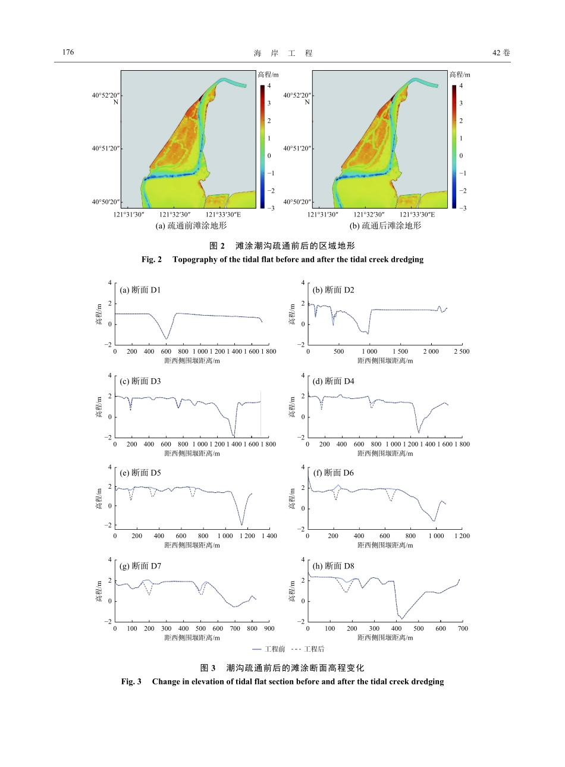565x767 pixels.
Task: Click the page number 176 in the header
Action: (x=68, y=52)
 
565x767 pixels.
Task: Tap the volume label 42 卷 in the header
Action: (x=501, y=53)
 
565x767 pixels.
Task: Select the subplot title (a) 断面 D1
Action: (x=140, y=290)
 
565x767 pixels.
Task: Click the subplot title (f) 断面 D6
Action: (x=333, y=473)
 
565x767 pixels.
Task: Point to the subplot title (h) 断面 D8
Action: (x=333, y=566)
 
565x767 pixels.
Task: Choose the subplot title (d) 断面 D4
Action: (x=333, y=382)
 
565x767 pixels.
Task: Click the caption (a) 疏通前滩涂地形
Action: (x=191, y=226)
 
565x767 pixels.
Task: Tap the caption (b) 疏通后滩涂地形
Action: (x=385, y=226)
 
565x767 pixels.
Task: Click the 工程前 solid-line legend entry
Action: (x=269, y=649)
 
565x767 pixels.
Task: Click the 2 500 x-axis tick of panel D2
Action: (x=462, y=352)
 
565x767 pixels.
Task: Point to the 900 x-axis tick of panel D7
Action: (x=269, y=628)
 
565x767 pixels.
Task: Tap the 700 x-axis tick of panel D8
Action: (x=463, y=628)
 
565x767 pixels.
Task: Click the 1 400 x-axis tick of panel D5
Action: (x=269, y=536)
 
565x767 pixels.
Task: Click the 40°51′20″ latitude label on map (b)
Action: (x=297, y=149)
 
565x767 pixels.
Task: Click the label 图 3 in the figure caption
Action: (x=208, y=668)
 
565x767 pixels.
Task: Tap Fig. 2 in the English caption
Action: (x=152, y=260)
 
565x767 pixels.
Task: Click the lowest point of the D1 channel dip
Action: (x=167, y=339)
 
